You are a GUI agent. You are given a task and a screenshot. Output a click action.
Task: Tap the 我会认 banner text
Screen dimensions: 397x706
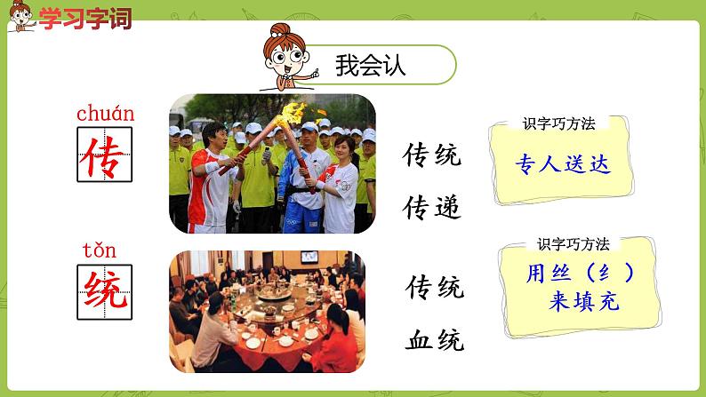pos(371,66)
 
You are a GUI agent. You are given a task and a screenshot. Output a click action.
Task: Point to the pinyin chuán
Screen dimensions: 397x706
pos(106,113)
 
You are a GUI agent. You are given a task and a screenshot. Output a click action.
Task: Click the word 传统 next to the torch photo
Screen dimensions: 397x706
pos(433,156)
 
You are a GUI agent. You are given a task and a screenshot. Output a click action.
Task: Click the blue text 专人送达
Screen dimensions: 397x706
pos(564,164)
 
